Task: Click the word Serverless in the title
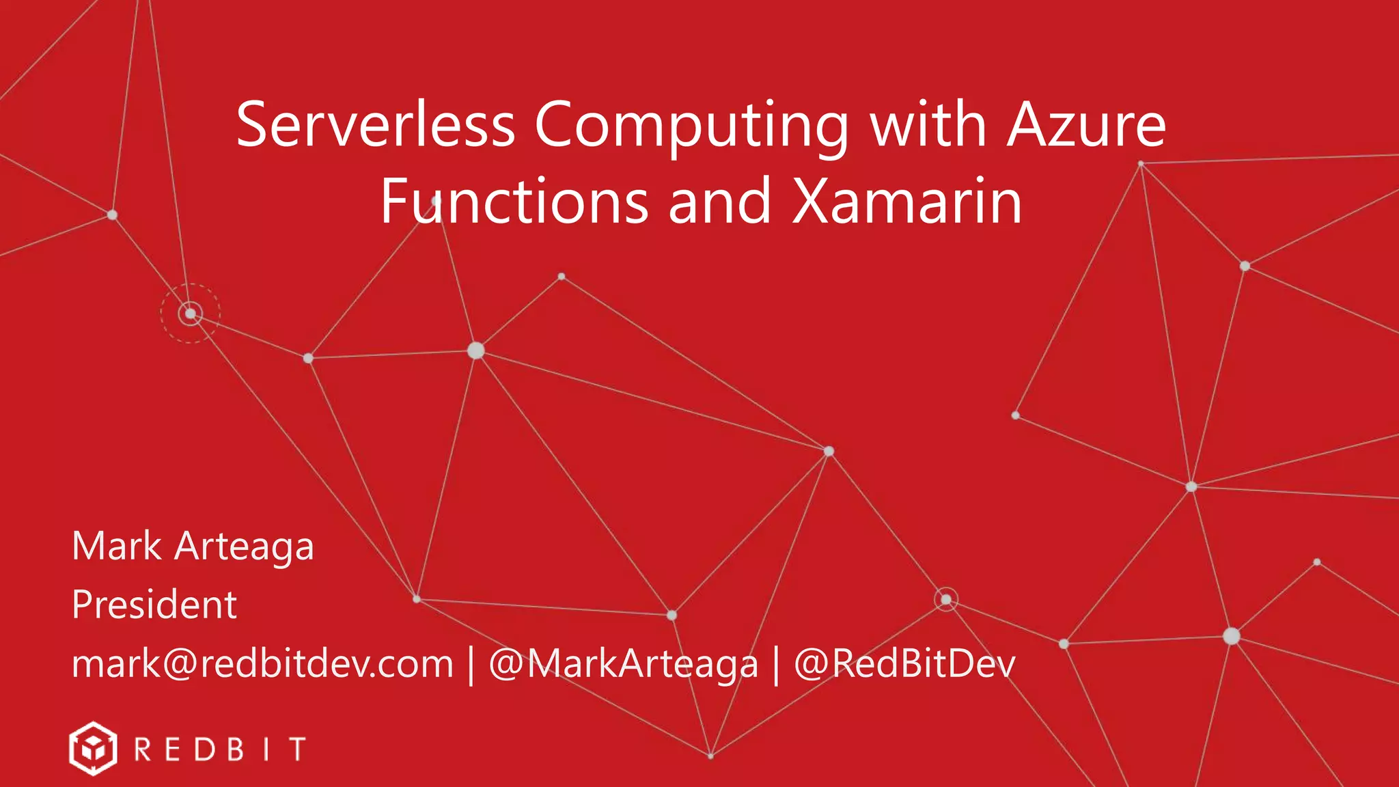375,125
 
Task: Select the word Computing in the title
691,126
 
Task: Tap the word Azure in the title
1086,125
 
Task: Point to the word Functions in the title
514,201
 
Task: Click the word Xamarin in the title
906,201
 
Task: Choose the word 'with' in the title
928,125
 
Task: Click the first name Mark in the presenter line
117,546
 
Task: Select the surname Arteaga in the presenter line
244,547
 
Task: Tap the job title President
154,605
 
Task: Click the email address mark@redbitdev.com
262,664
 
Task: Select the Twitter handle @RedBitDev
904,664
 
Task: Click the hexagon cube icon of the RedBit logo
93,749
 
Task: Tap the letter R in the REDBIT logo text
143,749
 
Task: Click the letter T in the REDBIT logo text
297,749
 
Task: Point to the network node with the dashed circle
191,314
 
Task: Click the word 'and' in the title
719,201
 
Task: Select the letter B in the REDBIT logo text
236,749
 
